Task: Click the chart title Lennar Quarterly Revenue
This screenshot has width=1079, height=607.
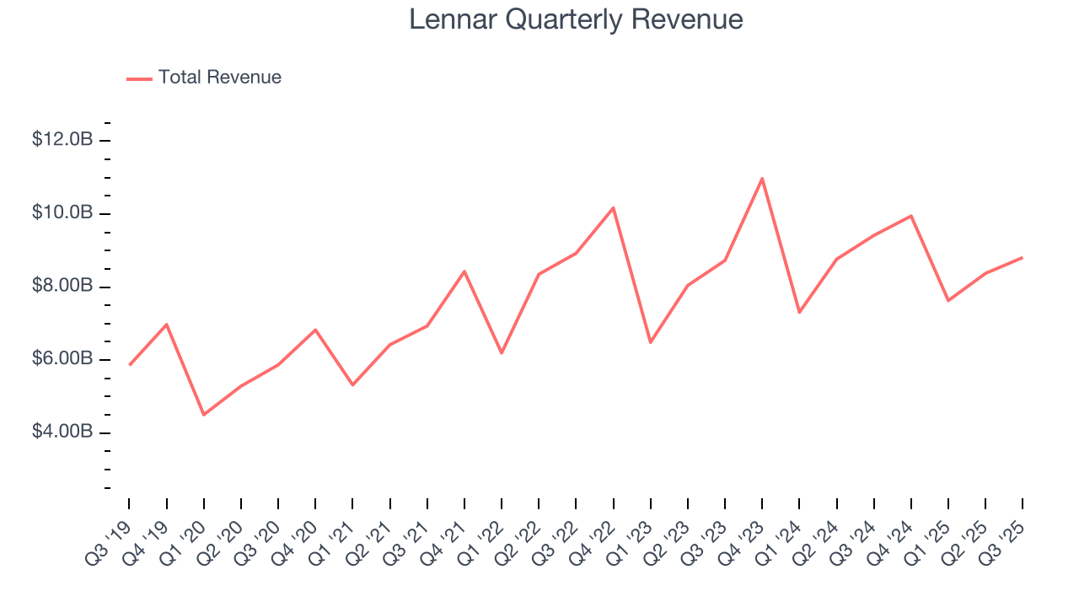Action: [x=576, y=19]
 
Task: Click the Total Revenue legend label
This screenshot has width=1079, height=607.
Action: [x=219, y=78]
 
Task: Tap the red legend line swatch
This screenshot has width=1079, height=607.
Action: [x=139, y=78]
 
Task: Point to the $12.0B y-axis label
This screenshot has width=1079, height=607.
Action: [x=62, y=140]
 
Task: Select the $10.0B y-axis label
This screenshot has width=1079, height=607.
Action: [x=62, y=213]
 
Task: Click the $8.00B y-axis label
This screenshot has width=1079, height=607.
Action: [x=62, y=287]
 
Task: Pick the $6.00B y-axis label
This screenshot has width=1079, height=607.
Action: [x=62, y=360]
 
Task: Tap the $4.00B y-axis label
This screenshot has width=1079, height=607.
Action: [x=62, y=432]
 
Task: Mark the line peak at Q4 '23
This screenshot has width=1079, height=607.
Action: [x=762, y=178]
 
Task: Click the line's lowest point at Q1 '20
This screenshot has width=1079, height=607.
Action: [x=203, y=415]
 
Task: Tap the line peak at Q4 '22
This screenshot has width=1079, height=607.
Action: [x=613, y=207]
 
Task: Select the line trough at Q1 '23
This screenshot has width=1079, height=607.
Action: [x=650, y=342]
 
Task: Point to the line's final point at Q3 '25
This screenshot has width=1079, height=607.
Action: [x=1023, y=257]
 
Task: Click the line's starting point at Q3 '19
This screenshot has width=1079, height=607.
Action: [x=129, y=365]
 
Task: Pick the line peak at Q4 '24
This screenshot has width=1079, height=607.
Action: [x=911, y=215]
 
